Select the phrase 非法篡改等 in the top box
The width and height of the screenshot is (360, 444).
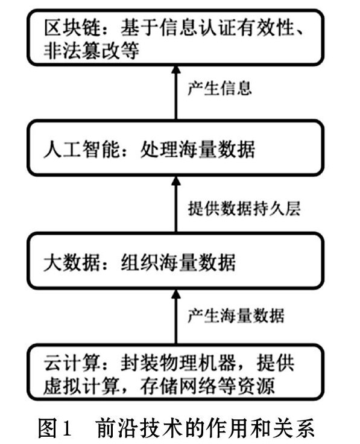91,51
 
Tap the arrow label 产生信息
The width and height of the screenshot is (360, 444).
219,88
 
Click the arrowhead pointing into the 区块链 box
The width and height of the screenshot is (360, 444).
176,70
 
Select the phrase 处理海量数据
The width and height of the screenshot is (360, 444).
197,149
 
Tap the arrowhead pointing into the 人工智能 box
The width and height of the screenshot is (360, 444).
176,181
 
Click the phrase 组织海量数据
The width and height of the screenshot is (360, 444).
178,263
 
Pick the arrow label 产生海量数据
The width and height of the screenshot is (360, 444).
236,316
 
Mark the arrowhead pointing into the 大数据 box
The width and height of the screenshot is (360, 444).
176,294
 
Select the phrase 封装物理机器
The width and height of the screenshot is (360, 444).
178,363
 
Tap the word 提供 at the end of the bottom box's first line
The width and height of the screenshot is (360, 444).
276,363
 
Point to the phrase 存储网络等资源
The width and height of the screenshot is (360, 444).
207,386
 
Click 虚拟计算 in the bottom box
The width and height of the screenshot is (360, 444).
81,386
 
